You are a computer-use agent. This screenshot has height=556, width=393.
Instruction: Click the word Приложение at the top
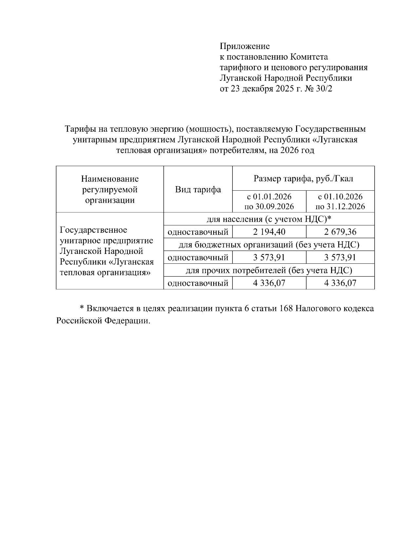[x=244, y=46]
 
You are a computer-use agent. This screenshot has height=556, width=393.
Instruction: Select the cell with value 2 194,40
[x=269, y=232]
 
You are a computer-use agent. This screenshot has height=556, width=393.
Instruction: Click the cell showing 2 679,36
[x=340, y=232]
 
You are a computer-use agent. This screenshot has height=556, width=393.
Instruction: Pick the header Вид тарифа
[x=198, y=189]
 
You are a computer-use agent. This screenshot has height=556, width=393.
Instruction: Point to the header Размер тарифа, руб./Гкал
[x=303, y=179]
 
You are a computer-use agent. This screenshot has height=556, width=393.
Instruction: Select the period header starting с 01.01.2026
[x=269, y=201]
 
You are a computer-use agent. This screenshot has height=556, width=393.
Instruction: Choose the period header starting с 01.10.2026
[x=340, y=201]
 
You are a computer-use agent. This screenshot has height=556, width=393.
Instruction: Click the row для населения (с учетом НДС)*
[x=269, y=219]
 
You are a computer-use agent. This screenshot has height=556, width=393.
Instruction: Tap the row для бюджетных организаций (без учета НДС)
[x=269, y=245]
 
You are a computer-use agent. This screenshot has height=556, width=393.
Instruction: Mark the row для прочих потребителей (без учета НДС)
[x=269, y=270]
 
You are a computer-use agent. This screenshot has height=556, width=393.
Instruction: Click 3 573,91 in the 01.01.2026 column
[x=269, y=258]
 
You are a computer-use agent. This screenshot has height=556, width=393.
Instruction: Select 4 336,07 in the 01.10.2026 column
[x=340, y=283]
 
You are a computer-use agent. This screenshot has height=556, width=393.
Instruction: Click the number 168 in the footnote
[x=285, y=309]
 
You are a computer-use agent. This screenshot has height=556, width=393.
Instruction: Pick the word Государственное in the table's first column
[x=93, y=230]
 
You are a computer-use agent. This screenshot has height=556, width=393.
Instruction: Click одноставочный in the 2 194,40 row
[x=198, y=232]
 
